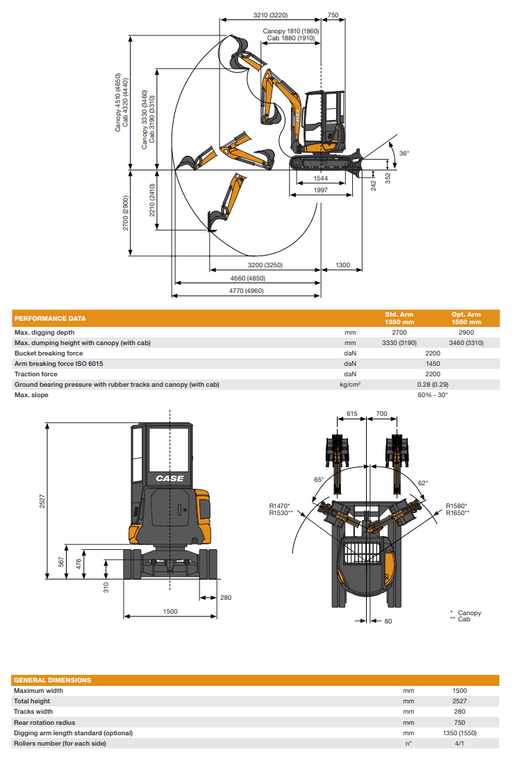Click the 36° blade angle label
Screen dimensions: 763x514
[404, 153]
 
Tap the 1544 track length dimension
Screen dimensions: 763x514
[320, 179]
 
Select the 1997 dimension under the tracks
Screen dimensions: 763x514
[320, 190]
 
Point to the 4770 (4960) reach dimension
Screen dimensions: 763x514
[246, 291]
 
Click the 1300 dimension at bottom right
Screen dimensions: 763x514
[342, 265]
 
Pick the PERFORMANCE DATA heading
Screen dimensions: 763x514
[51, 319]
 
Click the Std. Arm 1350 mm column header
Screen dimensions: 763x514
[399, 319]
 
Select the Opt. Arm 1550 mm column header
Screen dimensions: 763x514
[466, 319]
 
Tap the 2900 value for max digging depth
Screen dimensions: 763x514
[466, 333]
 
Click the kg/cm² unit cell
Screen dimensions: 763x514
[349, 385]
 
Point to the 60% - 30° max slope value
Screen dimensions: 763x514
[433, 395]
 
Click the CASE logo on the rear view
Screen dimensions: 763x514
[169, 478]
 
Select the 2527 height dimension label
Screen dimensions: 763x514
[42, 503]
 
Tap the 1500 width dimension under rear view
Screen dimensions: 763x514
[169, 612]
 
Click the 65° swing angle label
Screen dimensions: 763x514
[319, 480]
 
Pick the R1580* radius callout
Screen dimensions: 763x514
[456, 505]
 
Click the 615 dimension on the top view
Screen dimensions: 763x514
[351, 413]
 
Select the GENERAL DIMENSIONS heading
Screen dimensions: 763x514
[52, 680]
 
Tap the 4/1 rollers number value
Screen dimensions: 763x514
[459, 744]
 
